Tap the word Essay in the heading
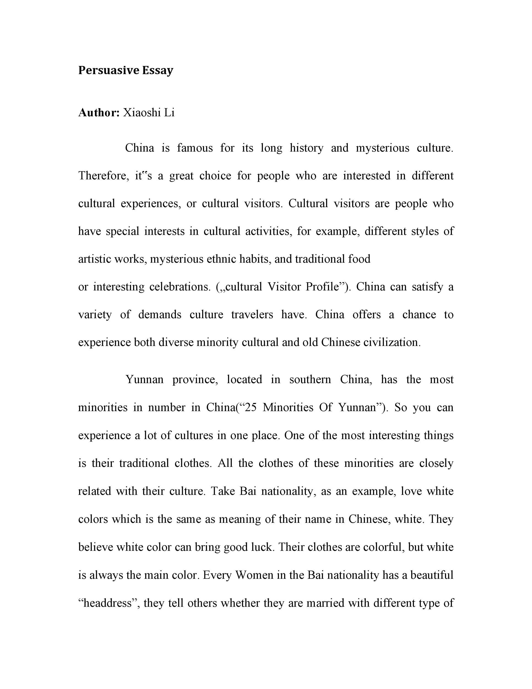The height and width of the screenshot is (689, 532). [158, 70]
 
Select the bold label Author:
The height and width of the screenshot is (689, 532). [99, 113]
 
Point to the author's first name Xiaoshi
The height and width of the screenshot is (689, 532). [142, 113]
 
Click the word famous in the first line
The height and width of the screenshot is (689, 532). [195, 148]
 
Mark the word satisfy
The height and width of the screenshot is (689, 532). [426, 287]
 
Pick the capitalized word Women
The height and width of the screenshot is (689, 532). [254, 575]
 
